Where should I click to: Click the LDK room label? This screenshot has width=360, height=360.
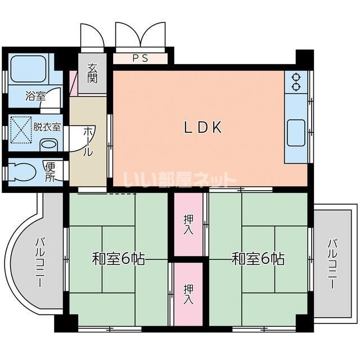(204, 127)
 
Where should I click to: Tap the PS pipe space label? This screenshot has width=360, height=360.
(141, 58)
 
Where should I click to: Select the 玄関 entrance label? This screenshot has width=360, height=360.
(92, 73)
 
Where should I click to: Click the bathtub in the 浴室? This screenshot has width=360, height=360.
(29, 69)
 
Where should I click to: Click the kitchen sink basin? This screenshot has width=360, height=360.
(296, 133)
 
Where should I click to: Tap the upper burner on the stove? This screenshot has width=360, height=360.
(296, 76)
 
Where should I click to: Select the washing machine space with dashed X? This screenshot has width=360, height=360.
(21, 130)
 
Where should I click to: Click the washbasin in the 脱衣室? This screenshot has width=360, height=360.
(48, 145)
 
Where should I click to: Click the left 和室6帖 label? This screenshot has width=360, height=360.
(119, 259)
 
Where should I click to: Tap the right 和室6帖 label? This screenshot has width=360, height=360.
(258, 259)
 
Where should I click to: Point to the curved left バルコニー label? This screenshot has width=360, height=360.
(39, 262)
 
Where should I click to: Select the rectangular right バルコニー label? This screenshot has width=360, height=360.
(332, 264)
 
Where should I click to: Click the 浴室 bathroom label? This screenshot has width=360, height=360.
(35, 96)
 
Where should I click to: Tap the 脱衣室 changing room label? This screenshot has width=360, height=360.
(47, 127)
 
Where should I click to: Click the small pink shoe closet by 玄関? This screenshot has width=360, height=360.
(74, 84)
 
